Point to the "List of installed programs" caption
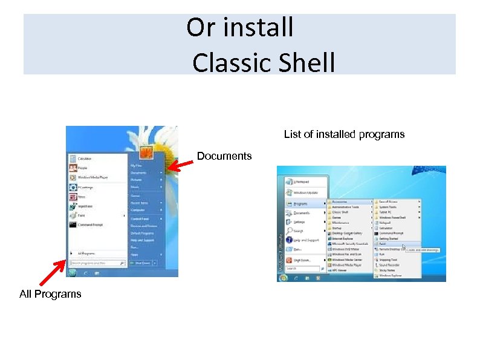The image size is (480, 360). [x=344, y=134]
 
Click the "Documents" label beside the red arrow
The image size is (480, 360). [x=224, y=156]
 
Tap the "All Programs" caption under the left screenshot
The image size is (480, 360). [x=50, y=294]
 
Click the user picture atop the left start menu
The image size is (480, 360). [x=146, y=152]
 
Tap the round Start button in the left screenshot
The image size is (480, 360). [x=73, y=273]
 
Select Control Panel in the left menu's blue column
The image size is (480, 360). [x=140, y=218]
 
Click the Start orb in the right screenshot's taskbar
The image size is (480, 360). [x=282, y=278]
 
